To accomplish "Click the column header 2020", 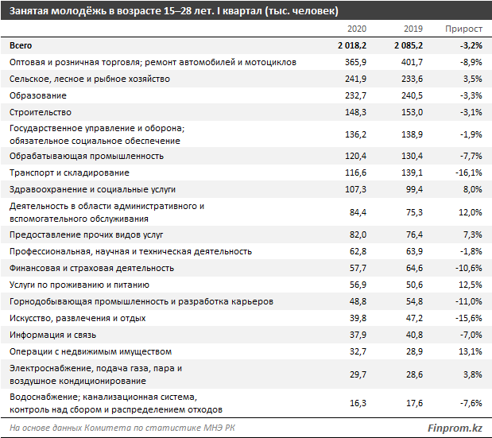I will (356, 29).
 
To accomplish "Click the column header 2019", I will (412, 29).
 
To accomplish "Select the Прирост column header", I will (463, 29).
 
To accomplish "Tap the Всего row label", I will (20, 45).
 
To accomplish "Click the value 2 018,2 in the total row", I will (350, 45).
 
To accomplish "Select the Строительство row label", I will (40, 112).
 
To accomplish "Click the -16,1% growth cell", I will (467, 172).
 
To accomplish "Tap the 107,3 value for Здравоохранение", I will (354, 189).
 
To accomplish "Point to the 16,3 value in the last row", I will (357, 403).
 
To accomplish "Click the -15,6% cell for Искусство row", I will (467, 318).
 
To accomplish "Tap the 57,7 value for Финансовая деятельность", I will (357, 268).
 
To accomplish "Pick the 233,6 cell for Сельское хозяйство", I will (410, 79).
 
